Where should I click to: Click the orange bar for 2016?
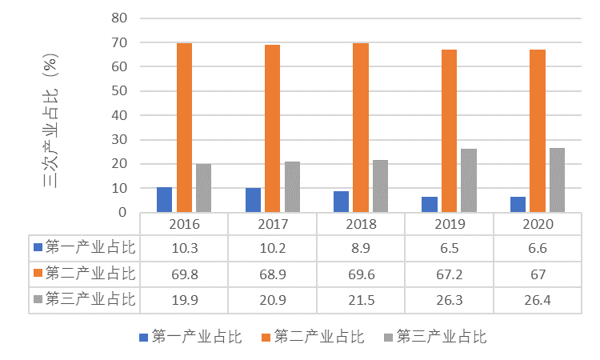coord(184,128)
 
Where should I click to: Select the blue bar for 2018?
coord(341,202)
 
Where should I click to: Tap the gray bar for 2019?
coord(468,181)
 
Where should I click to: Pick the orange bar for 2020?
coord(537,131)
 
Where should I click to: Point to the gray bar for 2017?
coord(292,187)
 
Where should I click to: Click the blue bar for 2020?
coord(518,205)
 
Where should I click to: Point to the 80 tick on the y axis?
coord(120,18)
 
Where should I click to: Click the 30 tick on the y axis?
coord(120,140)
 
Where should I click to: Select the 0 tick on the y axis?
coord(123,213)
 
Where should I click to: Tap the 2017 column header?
coord(272,224)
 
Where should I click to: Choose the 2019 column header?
coord(449,224)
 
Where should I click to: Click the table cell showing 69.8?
coord(184,274)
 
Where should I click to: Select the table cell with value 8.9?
coord(361,249)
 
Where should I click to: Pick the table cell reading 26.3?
coord(449,300)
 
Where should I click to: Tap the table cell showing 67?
coord(537,274)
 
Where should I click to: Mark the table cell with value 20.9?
coord(272,300)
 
